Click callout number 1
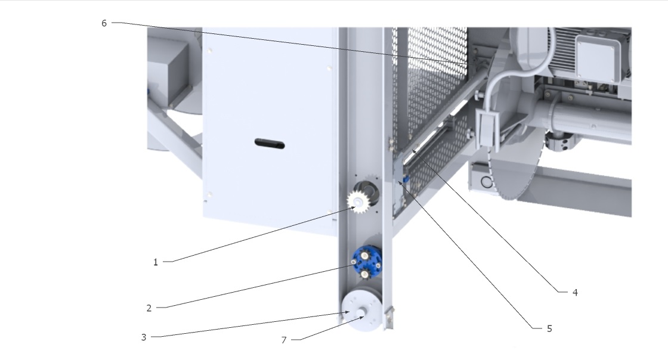pyautogui.click(x=156, y=262)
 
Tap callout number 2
pyautogui.click(x=149, y=308)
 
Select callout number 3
pyautogui.click(x=144, y=337)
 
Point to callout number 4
pyautogui.click(x=575, y=292)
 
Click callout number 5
pyautogui.click(x=549, y=328)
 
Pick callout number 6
pyautogui.click(x=104, y=23)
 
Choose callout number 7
pyautogui.click(x=284, y=340)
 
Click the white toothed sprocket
pyautogui.click(x=357, y=201)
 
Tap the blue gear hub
pyautogui.click(x=366, y=262)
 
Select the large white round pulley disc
pyautogui.click(x=361, y=310)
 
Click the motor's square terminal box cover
pyautogui.click(x=599, y=58)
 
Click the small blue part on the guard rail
pyautogui.click(x=406, y=179)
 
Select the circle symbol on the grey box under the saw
pyautogui.click(x=487, y=182)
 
